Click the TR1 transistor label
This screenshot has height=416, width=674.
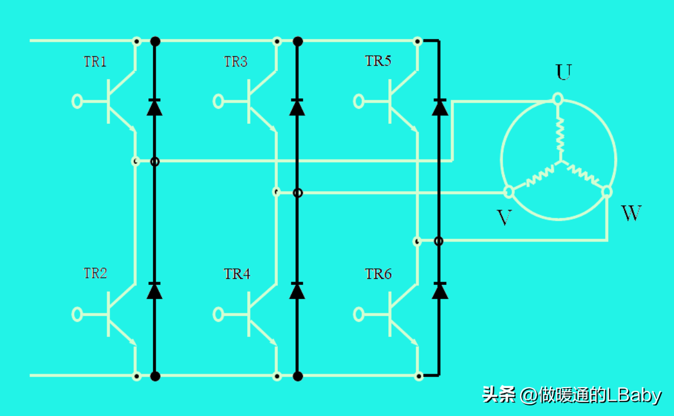(95, 62)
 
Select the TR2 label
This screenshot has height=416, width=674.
(95, 273)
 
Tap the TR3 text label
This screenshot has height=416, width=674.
(235, 62)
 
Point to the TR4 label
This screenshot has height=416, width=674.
(237, 274)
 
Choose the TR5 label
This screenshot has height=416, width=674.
(378, 61)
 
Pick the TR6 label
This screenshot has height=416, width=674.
(378, 274)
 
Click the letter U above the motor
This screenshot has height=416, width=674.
(564, 72)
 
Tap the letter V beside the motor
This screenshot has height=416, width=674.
(504, 217)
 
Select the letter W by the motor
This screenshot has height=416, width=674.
(631, 213)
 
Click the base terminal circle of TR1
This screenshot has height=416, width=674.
(77, 101)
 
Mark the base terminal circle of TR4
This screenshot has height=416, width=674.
(218, 315)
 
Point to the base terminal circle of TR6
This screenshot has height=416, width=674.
(359, 315)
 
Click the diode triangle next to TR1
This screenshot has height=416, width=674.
(155, 108)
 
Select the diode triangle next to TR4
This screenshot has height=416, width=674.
(297, 292)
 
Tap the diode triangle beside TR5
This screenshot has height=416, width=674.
(440, 108)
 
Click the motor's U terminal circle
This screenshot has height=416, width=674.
(558, 99)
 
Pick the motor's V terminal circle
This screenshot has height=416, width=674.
(509, 192)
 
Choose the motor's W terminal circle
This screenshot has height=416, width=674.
(607, 192)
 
